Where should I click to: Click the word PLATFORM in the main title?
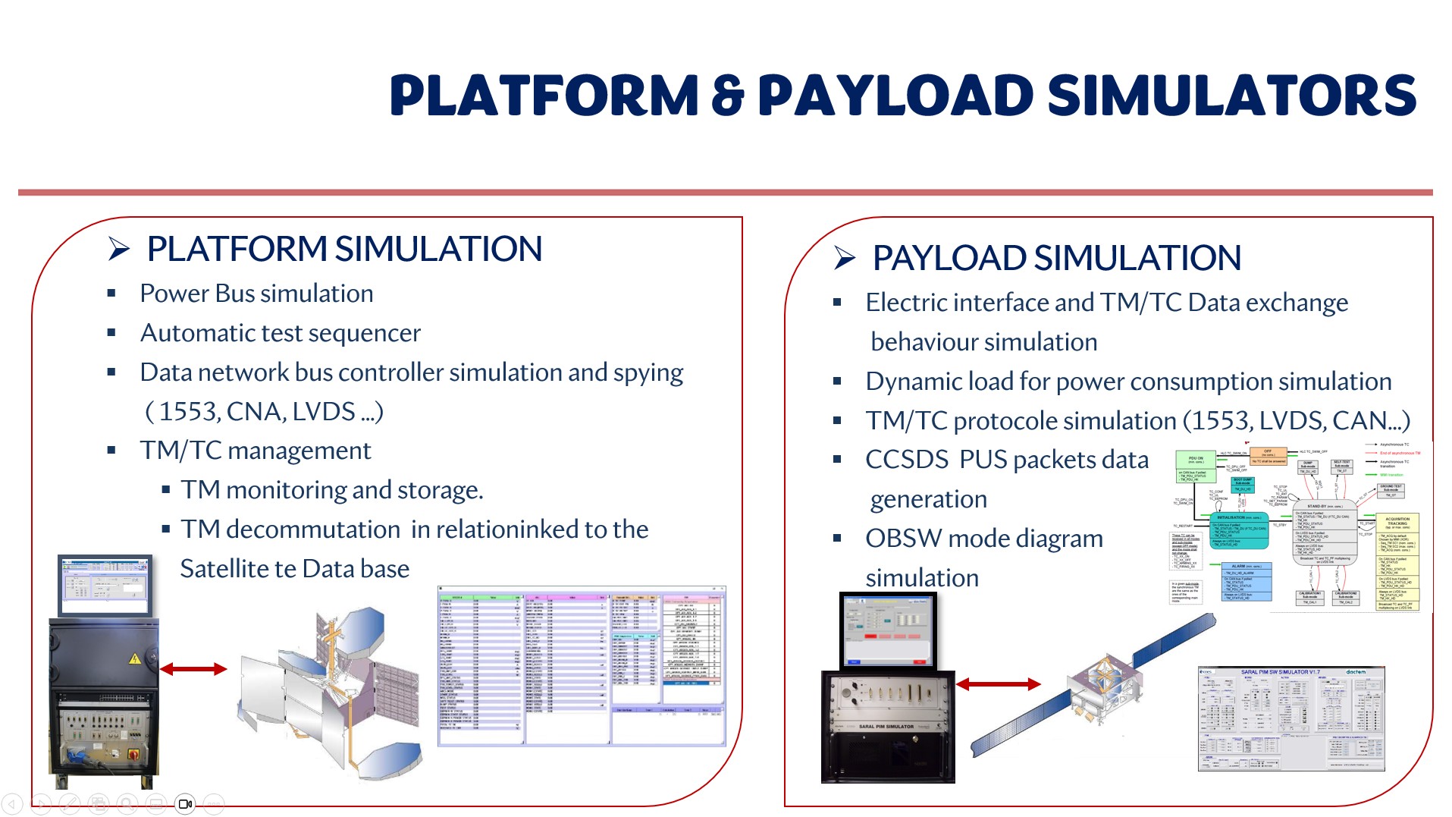tap(543, 96)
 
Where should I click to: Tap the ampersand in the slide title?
tap(727, 96)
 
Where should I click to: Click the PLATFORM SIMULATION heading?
tap(344, 249)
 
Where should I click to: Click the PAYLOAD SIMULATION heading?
tap(1056, 258)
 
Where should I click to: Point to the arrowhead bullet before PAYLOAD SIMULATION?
tap(845, 258)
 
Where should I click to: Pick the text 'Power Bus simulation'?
tap(256, 294)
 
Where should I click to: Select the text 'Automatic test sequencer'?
tap(280, 333)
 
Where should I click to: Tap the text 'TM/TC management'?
tap(255, 451)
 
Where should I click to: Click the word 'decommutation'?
tap(312, 529)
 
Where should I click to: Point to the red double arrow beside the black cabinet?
tap(193, 668)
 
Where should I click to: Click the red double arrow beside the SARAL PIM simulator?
tap(998, 684)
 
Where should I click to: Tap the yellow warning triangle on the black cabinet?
tap(135, 658)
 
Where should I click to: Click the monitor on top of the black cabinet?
tap(105, 585)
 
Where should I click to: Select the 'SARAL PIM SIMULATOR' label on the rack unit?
tap(886, 727)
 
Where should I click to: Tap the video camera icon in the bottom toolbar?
tap(185, 804)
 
